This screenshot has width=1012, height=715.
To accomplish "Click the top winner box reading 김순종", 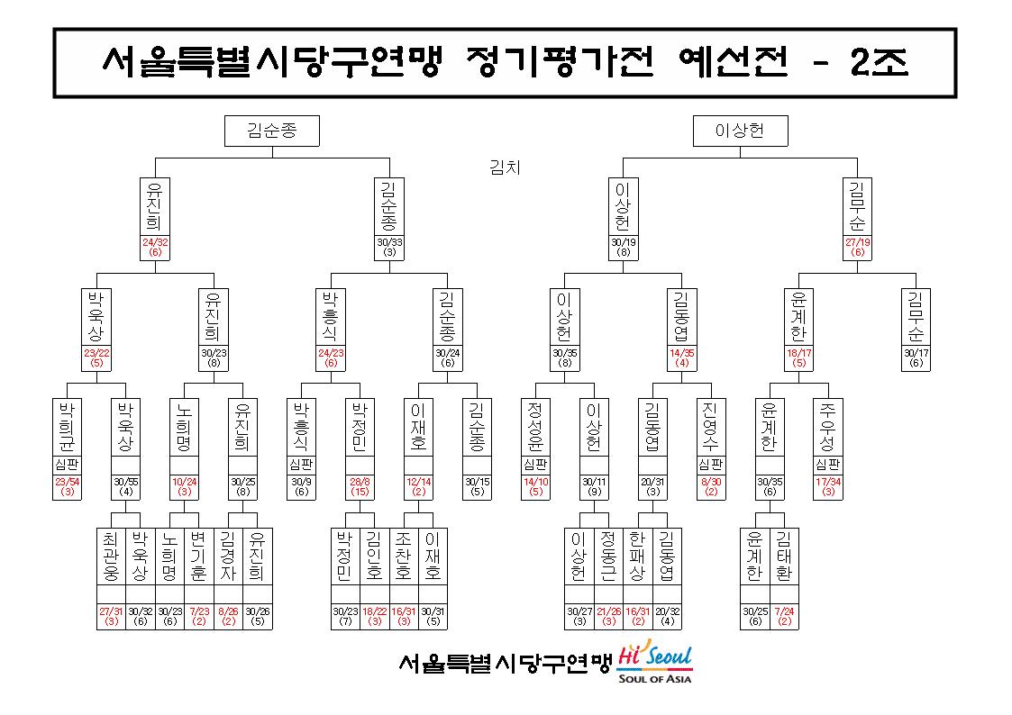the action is pos(272,131).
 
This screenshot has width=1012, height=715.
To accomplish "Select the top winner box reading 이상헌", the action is pos(740,131).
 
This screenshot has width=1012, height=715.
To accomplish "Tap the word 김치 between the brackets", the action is pos(505,167).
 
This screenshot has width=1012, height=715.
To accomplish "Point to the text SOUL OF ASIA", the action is pos(654,678).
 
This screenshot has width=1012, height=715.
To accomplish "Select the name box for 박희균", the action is pos(67,428).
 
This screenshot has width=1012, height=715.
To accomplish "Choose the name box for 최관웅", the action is pos(111,557).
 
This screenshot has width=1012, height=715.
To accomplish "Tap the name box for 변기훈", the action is pos(199,557).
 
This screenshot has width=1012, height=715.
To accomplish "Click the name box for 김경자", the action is pos(228,557).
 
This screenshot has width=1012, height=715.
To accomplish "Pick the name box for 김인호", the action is pos(374,557).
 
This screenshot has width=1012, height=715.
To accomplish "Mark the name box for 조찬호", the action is pos(404,557).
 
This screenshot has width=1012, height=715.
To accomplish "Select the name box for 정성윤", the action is pos(535,428).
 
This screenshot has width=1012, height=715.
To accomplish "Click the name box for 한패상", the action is pos(638,557).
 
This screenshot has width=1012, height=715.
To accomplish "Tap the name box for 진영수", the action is pos(711,428).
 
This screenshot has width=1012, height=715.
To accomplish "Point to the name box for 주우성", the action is pos(828,428).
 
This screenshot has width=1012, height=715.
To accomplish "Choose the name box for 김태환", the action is pos(784,557).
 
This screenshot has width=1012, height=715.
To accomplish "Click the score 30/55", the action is pos(126,482).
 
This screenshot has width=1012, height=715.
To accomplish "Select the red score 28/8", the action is pos(360,482).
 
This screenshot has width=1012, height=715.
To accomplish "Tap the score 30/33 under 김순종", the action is pos(389,242).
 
